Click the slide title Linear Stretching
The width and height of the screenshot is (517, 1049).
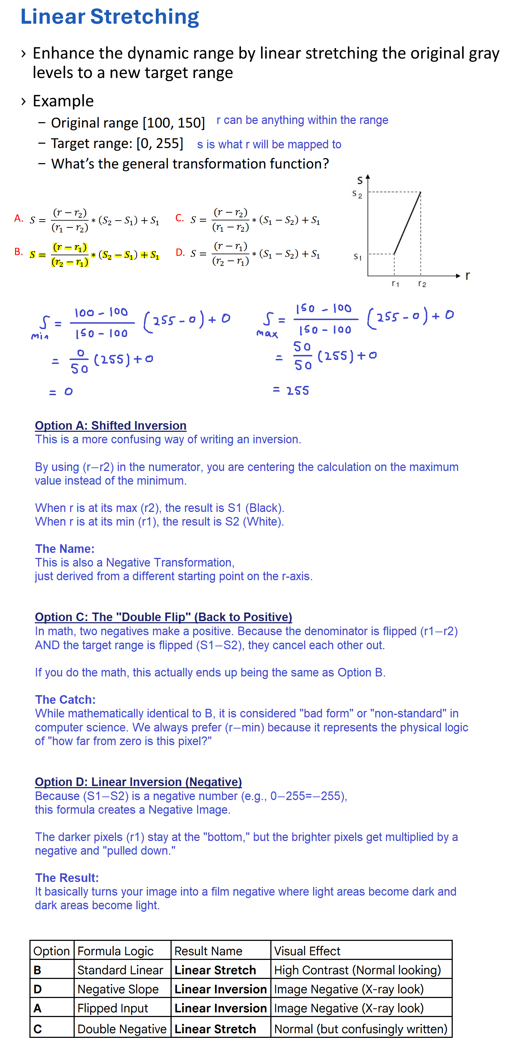click(110, 17)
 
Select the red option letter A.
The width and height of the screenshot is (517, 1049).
click(18, 219)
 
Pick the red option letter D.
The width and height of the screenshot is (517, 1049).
click(180, 253)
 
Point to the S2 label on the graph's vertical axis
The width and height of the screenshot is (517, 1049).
click(357, 195)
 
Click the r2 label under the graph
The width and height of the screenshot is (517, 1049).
click(422, 284)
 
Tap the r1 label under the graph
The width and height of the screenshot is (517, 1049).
click(395, 283)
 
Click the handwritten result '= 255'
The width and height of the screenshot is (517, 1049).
click(291, 391)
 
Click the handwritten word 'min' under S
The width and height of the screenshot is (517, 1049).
click(39, 336)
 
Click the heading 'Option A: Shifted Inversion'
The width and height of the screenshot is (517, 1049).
click(110, 426)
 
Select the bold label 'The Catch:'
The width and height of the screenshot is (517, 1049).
click(65, 699)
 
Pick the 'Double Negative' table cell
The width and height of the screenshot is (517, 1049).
click(122, 1029)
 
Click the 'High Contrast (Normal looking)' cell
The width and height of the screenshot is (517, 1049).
click(358, 970)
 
